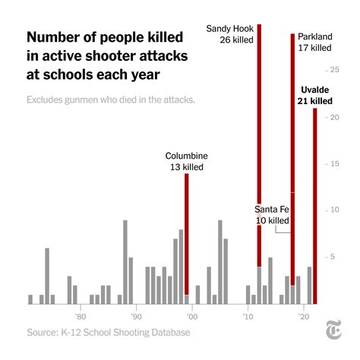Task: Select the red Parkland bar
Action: click(x=292, y=152)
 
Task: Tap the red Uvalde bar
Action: click(x=315, y=205)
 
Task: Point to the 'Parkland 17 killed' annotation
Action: click(x=314, y=42)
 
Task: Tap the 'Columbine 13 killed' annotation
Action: click(x=187, y=161)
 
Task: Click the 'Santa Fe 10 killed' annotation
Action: click(x=272, y=215)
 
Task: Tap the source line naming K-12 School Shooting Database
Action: click(x=109, y=333)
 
